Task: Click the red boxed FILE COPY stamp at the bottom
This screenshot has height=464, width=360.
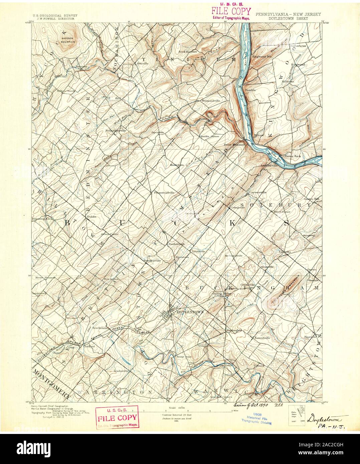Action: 117,417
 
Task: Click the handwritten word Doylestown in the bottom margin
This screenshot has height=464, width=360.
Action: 327,418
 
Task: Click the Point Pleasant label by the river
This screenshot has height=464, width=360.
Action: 234,145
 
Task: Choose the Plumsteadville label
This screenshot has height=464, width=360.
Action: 165,193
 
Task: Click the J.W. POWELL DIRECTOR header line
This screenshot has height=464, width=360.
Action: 55,19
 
